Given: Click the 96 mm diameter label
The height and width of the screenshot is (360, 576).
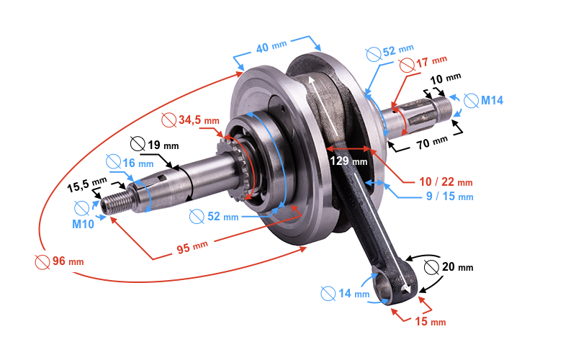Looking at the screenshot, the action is [60, 261].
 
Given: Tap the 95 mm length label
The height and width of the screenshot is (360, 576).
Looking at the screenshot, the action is [192, 247].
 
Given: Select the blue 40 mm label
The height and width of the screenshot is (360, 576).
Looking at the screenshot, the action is [271, 47].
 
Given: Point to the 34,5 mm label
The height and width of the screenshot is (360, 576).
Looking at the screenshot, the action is [190, 120].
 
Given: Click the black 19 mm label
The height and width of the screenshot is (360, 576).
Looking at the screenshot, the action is [155, 145].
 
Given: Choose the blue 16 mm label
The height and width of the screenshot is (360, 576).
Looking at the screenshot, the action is [130, 163].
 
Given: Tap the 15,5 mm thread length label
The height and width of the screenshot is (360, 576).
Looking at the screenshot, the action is [86, 184].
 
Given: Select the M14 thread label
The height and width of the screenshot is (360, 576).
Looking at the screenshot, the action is [483, 100].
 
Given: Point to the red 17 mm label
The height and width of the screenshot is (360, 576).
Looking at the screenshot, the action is [423, 64].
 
